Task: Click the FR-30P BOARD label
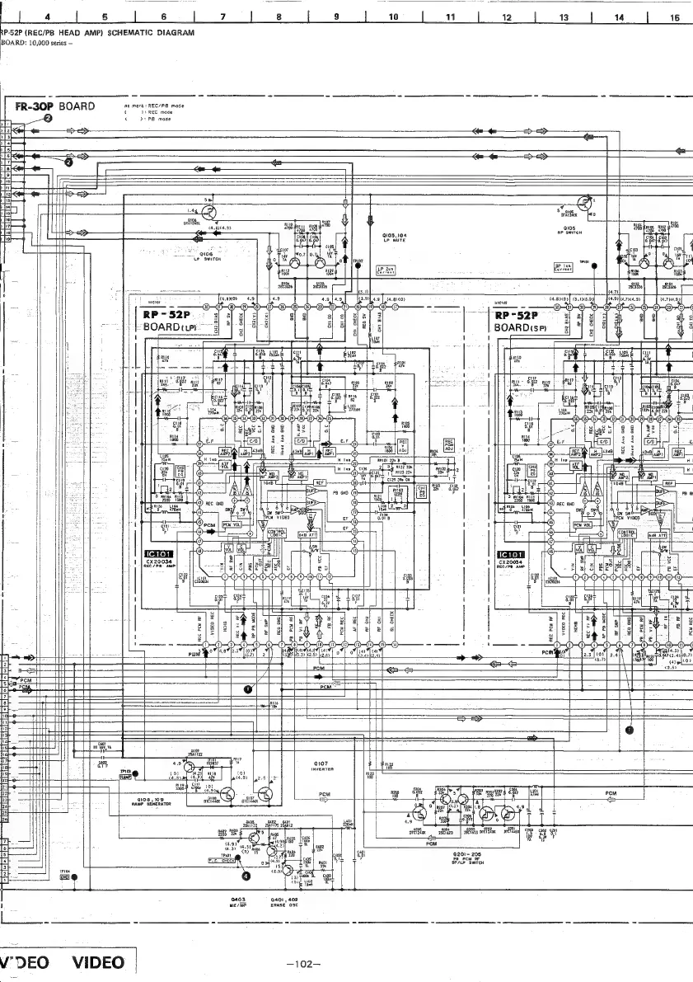pos(54,107)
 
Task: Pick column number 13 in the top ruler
pos(564,16)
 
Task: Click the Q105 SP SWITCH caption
pos(569,230)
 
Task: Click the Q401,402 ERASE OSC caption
pos(283,901)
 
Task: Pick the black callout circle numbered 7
pos(630,730)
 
